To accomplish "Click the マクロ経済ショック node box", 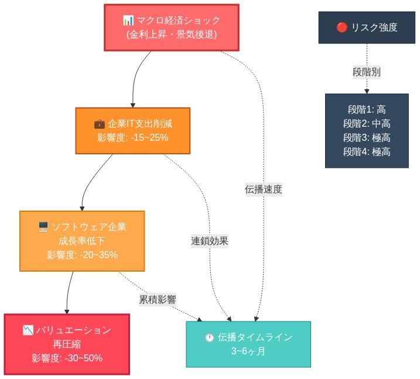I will point(172,27).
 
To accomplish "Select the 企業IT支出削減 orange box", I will point(133,130).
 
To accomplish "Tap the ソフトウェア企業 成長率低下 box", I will point(82,241).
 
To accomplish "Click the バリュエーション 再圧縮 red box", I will point(67,344).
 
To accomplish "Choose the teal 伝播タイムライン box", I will point(248,344).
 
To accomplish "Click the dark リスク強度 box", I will point(367,27).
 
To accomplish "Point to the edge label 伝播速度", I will point(264,189).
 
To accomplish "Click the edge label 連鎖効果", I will point(210,241).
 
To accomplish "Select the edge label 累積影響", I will point(158,299).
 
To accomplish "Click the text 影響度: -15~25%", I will point(133,138).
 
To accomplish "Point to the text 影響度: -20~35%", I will point(82,255).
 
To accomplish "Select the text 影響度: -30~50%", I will point(67,358).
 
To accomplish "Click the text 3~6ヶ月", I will point(248,351).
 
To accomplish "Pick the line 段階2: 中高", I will point(367,123).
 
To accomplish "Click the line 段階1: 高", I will point(367,109).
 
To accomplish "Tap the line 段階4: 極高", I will point(367,151).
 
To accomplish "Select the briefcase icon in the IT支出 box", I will point(100,124).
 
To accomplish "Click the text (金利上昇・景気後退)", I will point(172,35).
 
